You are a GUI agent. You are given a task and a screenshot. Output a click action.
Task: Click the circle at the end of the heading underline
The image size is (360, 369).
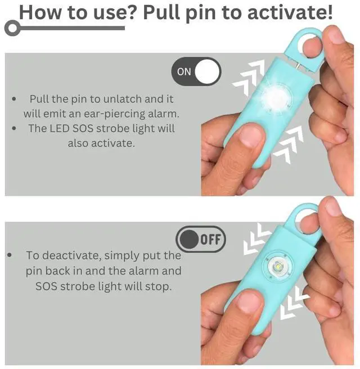coord(12,28)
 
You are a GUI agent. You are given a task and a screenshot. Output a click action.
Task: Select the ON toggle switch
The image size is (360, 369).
coord(196,71)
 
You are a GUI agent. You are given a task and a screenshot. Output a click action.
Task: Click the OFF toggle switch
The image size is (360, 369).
coord(201,239)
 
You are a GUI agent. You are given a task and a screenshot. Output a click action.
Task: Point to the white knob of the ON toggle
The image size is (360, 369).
coord(208,71)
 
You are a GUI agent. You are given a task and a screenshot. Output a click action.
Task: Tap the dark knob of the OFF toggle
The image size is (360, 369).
coord(188,239)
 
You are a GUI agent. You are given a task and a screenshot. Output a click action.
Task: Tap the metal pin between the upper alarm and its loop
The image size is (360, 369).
coord(298,65)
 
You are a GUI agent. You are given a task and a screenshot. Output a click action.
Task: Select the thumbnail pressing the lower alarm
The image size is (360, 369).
coord(250,304)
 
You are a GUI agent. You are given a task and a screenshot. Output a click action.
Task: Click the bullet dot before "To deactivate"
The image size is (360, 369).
coord(10,255)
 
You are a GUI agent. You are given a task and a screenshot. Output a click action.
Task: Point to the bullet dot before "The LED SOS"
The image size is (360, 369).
coord(14,128)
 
